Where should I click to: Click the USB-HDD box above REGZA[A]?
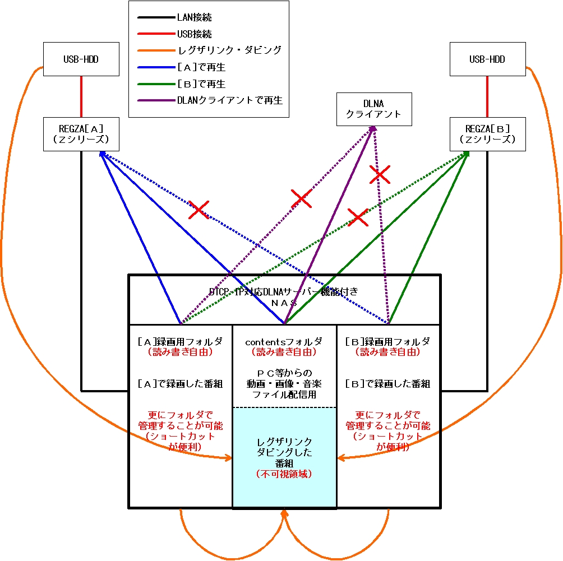click(81, 59)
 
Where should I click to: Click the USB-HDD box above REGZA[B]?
click(487, 59)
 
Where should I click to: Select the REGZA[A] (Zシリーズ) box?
click(81, 134)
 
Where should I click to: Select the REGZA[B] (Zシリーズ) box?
click(487, 134)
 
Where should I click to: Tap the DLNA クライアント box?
click(373, 109)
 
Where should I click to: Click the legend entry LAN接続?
click(195, 17)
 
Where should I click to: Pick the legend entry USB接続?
click(194, 34)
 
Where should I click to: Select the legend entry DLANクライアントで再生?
click(230, 101)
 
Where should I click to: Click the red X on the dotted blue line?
click(198, 210)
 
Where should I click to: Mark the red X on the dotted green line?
click(357, 217)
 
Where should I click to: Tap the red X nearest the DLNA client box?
click(380, 174)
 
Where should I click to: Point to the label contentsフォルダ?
click(284, 341)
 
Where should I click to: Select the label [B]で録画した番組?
click(387, 384)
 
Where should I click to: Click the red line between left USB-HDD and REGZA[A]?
click(81, 96)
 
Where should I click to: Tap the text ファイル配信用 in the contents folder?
click(284, 395)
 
